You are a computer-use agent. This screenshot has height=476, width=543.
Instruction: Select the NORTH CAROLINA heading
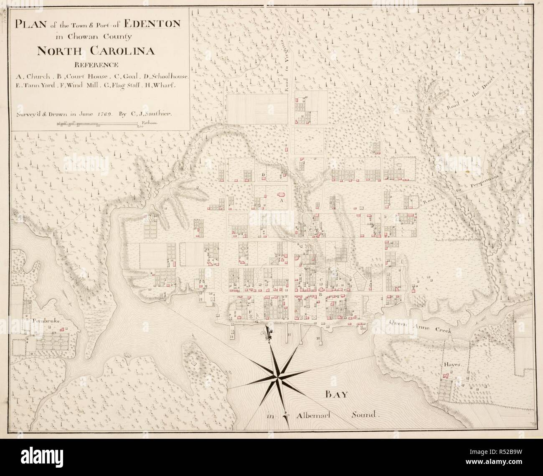(x=96, y=51)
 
